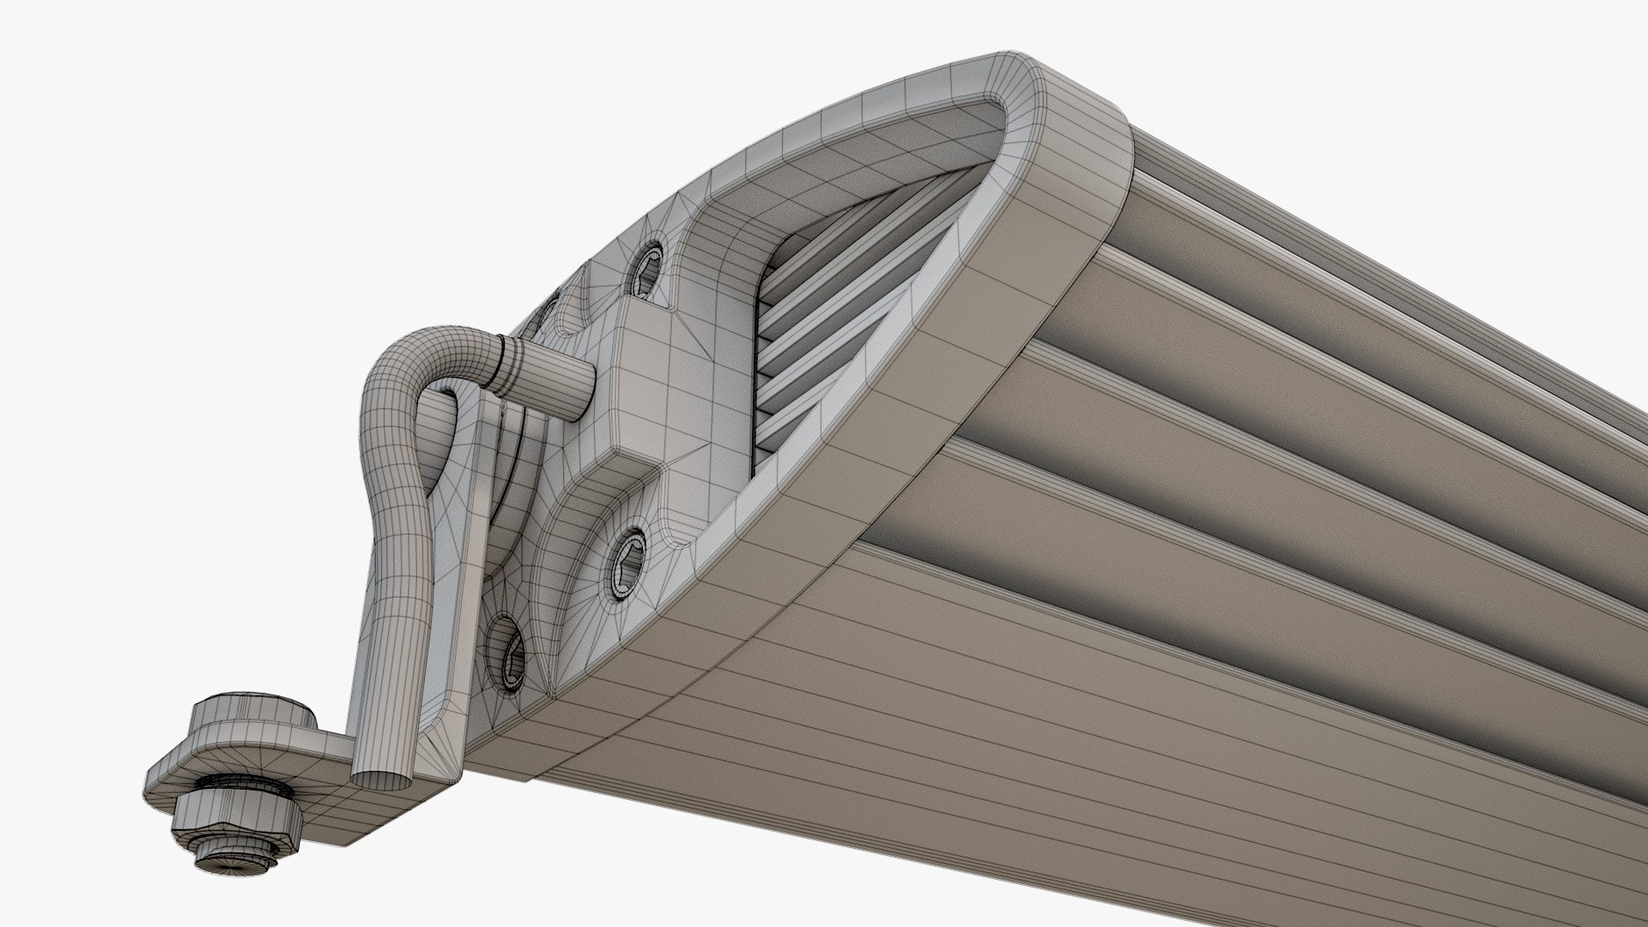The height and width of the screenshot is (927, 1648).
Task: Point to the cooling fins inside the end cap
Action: pyautogui.click(x=815, y=326)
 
